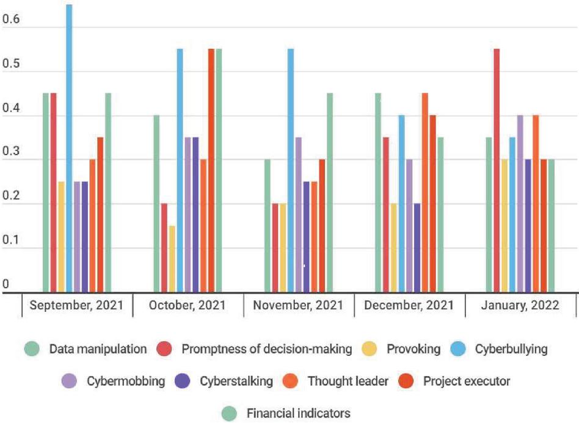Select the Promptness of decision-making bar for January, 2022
(x=497, y=170)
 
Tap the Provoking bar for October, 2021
(x=172, y=259)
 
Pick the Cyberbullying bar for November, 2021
(x=291, y=170)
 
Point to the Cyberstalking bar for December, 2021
(x=417, y=248)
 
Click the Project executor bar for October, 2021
(x=211, y=170)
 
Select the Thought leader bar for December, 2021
(x=425, y=192)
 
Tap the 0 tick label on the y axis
(x=5, y=284)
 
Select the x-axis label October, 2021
(x=187, y=305)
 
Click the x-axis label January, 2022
(x=520, y=305)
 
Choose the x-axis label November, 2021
(x=297, y=305)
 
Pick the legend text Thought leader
(x=348, y=381)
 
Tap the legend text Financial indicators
(x=299, y=413)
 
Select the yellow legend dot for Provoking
(x=371, y=350)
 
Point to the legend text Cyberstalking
(x=236, y=381)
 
